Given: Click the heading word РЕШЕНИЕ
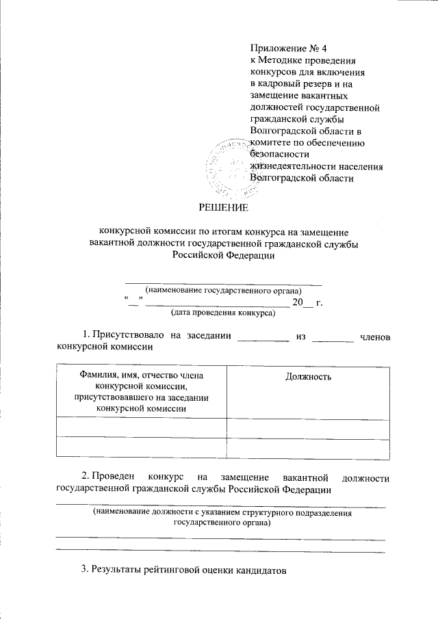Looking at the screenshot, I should [x=224, y=207].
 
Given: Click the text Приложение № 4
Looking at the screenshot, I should [x=280, y=48].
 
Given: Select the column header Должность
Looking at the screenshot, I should [x=307, y=377].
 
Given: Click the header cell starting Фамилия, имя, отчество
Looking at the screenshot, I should [x=141, y=392].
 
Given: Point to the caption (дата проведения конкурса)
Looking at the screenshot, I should [x=222, y=313].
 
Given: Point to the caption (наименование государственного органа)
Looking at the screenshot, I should [x=223, y=290].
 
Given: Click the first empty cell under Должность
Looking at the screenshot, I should [x=307, y=427].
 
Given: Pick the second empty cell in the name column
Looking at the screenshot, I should [x=141, y=447].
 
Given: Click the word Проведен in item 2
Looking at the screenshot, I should [x=114, y=476].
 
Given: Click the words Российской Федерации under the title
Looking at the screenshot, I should [x=224, y=254].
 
